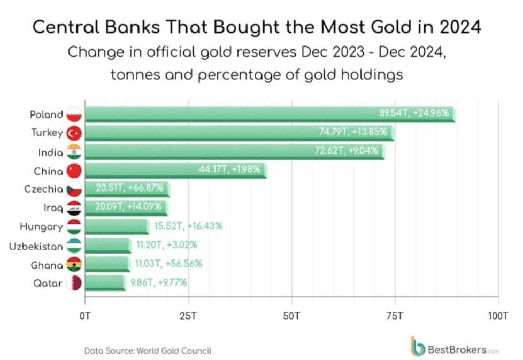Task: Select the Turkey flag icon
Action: click(74, 133)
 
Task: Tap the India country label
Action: click(50, 152)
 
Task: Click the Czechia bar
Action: click(127, 189)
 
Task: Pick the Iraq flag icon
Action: click(74, 208)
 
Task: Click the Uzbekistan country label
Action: click(36, 247)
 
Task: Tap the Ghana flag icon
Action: click(74, 264)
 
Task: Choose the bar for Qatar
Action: click(105, 283)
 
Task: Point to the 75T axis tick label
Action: click(395, 314)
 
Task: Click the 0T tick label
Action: click(85, 314)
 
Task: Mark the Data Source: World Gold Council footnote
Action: click(148, 351)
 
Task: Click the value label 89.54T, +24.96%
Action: click(414, 113)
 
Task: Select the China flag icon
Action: click(74, 171)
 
